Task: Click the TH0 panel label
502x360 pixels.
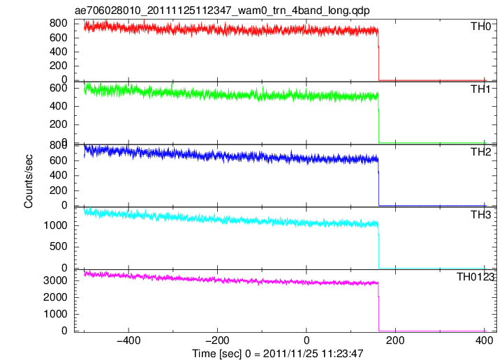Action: pos(480,27)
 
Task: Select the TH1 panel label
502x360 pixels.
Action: pos(480,89)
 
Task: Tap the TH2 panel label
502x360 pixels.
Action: pos(480,152)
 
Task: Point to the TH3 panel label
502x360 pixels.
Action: pos(480,215)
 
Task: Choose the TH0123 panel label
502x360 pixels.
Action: pos(475,277)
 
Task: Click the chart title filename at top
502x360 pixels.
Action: pos(222,10)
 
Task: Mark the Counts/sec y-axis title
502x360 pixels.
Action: pos(29,181)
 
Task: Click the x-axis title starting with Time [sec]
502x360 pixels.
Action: pos(278,354)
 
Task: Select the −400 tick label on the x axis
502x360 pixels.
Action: pos(128,340)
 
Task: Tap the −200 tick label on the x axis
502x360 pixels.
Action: pos(217,340)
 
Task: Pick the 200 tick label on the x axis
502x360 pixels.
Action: pos(395,340)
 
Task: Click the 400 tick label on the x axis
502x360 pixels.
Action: pos(484,340)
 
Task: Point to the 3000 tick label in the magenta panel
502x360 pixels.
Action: pos(55,280)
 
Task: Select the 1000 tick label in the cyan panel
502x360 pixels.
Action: pos(55,225)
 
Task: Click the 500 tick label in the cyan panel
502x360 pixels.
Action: pos(59,247)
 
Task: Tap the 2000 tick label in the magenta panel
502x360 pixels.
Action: pos(55,297)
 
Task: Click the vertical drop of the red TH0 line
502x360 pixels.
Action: pos(378,56)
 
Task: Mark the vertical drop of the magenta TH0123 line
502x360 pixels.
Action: pos(378,307)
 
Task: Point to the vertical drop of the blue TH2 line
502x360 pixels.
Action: pos(378,182)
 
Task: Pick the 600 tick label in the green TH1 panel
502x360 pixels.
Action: pos(59,89)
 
